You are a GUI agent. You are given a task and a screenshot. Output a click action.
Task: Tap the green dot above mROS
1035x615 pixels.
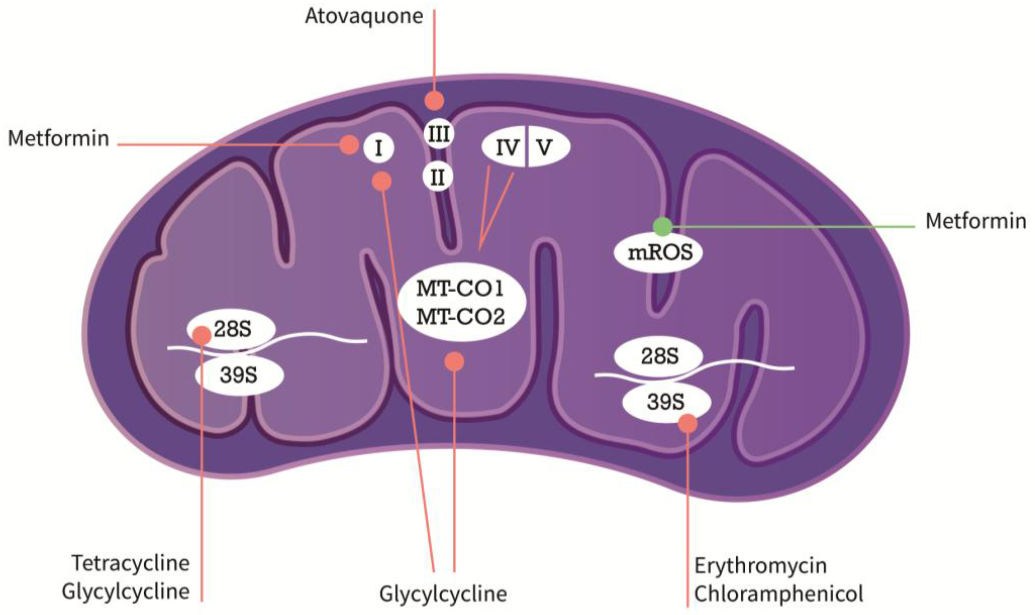pos(662,226)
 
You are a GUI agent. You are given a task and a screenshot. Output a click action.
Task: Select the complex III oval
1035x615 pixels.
pos(439,134)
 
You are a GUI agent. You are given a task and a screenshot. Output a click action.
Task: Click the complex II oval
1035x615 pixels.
pos(437,178)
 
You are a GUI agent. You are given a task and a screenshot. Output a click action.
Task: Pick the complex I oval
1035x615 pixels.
pos(378,148)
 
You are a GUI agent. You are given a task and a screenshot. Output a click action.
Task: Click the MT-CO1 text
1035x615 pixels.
pos(460,289)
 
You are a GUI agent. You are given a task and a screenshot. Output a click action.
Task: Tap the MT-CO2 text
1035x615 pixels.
pos(460,317)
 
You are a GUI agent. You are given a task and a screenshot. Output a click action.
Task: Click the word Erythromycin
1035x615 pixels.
pos(761,566)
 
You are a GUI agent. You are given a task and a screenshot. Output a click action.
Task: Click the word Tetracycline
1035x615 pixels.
pos(131,563)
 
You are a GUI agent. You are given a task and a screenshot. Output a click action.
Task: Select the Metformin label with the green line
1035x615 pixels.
pos(976,221)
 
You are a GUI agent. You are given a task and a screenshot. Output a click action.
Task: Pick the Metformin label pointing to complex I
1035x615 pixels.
pos(59,139)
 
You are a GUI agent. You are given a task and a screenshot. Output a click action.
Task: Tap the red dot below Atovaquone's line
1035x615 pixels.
pos(434,101)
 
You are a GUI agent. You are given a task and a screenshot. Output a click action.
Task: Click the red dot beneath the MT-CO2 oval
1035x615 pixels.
pos(454,362)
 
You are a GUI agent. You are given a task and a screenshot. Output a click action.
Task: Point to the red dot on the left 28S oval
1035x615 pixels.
pos(202,335)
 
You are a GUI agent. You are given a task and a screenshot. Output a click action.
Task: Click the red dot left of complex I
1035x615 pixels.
pos(349,145)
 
